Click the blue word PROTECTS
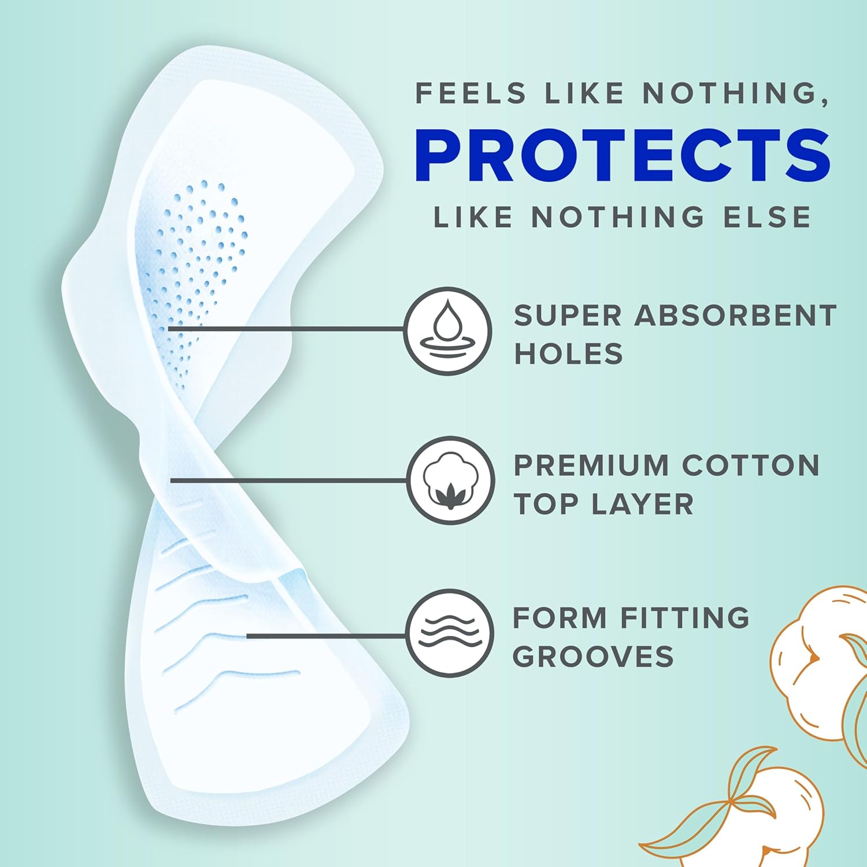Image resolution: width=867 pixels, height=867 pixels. pyautogui.click(x=622, y=155)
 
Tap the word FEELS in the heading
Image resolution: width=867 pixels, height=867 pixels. pyautogui.click(x=471, y=94)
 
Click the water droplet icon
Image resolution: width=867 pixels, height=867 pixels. pyautogui.click(x=448, y=331)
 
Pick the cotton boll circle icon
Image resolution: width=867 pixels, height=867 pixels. pyautogui.click(x=450, y=480)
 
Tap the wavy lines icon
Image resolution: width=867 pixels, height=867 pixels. pyautogui.click(x=450, y=633)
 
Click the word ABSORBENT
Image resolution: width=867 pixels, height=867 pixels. pyautogui.click(x=735, y=316)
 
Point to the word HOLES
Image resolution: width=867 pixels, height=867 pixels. pyautogui.click(x=568, y=353)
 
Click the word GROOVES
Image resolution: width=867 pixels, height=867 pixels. pyautogui.click(x=593, y=657)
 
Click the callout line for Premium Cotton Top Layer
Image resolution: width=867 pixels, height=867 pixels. pyautogui.click(x=289, y=480)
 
